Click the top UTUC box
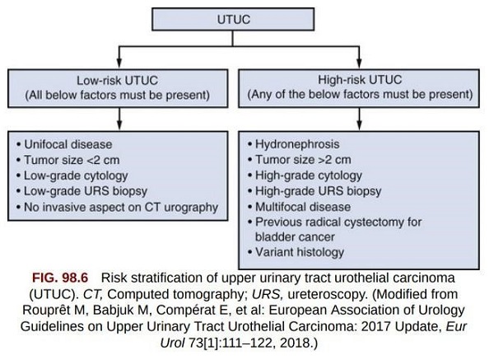coord(233,19)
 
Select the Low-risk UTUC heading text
coord(117,81)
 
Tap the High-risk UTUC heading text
coord(360,79)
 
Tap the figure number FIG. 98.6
coord(60,278)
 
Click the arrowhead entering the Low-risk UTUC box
coord(119,63)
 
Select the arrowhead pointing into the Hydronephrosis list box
coord(359,125)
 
